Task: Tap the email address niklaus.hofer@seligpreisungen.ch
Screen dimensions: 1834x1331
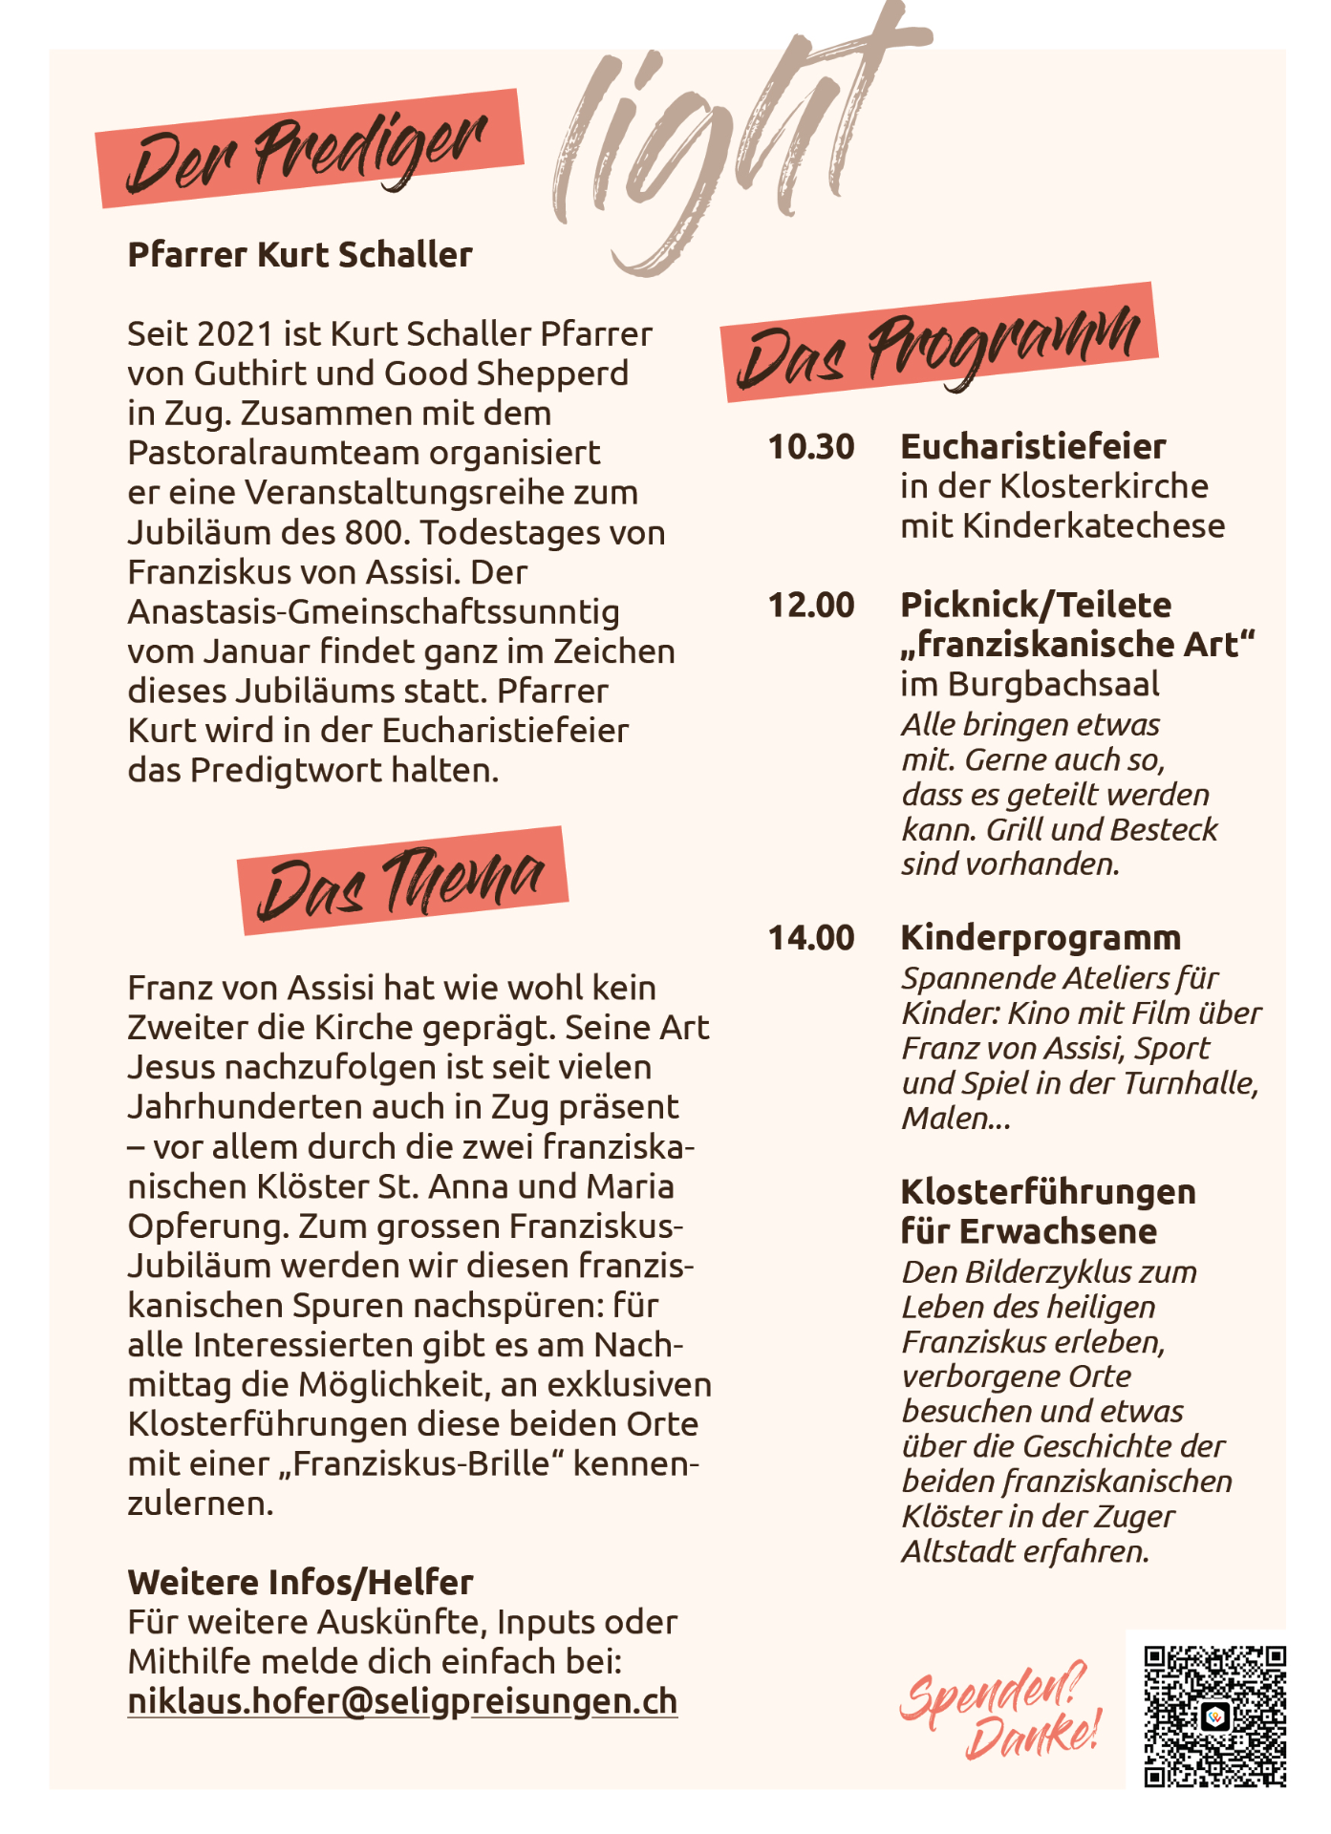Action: tap(402, 1701)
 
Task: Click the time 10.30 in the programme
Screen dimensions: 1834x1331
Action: tap(811, 447)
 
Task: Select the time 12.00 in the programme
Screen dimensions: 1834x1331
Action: tap(811, 606)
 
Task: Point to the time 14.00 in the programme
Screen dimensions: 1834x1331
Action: tap(811, 938)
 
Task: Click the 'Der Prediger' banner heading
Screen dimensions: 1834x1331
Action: tap(310, 150)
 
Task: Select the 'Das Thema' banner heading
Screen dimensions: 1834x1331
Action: tap(403, 881)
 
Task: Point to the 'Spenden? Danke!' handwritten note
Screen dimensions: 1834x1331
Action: tap(998, 1710)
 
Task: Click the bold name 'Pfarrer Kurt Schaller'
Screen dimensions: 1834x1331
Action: tap(300, 255)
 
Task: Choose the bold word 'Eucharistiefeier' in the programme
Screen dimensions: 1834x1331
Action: tap(1033, 447)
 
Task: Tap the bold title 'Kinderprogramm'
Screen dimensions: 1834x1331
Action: tap(1041, 938)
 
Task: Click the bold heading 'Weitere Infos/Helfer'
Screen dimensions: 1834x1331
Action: tap(300, 1583)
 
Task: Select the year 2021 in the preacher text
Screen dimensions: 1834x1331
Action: tap(229, 334)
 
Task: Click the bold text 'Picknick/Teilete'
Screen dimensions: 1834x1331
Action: tap(1036, 606)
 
